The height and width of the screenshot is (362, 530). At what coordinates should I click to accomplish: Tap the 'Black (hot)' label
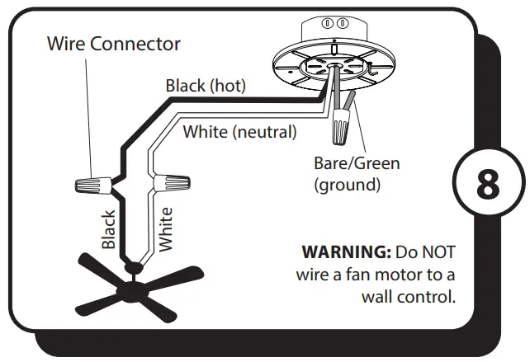point(205,85)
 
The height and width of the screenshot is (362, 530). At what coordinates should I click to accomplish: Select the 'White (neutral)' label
point(239,130)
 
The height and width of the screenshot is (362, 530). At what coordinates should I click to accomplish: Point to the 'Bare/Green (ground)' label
point(356,173)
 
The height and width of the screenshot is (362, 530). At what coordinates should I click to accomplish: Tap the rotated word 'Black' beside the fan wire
point(108,228)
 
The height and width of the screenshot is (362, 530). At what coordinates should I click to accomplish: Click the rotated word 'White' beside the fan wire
point(165,228)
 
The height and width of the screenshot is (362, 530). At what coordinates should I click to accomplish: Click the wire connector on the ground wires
point(340,129)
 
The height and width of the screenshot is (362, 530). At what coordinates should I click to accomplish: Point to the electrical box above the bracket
point(335,30)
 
